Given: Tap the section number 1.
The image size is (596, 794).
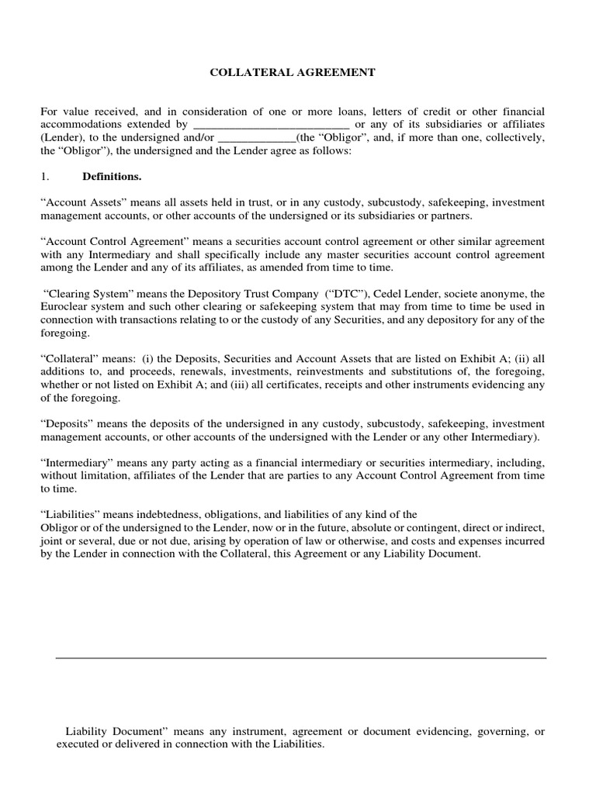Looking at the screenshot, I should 44,177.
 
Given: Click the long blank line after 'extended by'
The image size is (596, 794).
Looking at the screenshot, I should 270,125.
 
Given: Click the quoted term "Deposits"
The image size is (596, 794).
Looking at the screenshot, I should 68,424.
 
